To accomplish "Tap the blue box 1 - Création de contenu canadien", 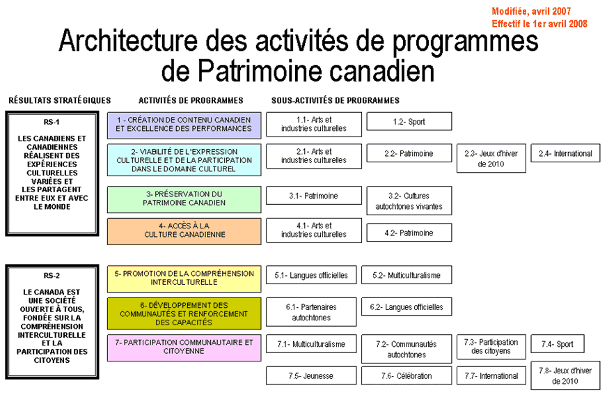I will [184, 125].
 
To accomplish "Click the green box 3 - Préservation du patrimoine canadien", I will [184, 199].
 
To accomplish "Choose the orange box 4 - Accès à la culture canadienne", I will [184, 231].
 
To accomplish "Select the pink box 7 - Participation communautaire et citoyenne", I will [184, 347].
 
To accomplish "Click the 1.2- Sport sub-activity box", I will [409, 122].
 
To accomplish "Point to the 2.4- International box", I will [565, 153].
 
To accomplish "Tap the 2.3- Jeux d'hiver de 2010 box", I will [490, 159].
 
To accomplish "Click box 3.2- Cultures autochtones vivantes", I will [409, 201].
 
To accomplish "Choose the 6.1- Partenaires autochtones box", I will [310, 312].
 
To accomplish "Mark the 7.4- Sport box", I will [557, 344].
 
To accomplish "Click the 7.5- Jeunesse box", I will [310, 376].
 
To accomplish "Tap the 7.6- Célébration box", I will [406, 376].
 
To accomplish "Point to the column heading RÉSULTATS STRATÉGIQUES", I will [60, 100].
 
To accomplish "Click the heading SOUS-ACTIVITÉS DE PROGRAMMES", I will [336, 100].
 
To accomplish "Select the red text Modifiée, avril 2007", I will [532, 12].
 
